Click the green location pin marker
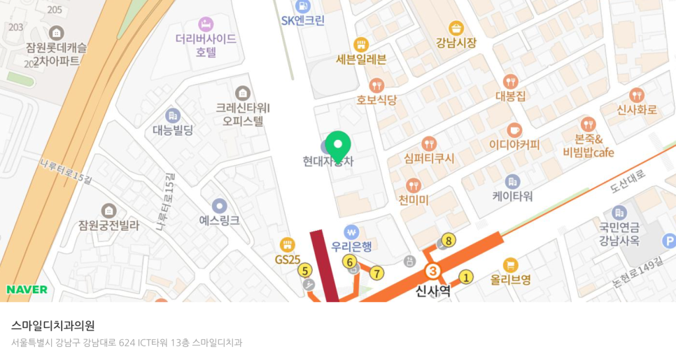tap(338, 146)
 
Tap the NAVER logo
tap(27, 290)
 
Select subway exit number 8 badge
tap(449, 241)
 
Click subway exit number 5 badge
tap(304, 270)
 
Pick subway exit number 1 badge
tap(467, 278)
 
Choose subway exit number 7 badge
tap(377, 273)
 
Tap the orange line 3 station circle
tap(433, 271)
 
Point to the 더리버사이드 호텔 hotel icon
tap(206, 24)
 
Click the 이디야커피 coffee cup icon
tap(514, 130)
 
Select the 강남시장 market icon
tap(456, 28)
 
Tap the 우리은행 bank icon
tap(351, 231)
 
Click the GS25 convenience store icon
tap(287, 245)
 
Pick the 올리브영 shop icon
tap(510, 264)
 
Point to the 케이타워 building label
tap(512, 196)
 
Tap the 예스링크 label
tap(219, 220)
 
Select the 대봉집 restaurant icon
tap(511, 81)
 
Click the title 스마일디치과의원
tap(53, 325)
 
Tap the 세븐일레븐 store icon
tap(361, 44)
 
